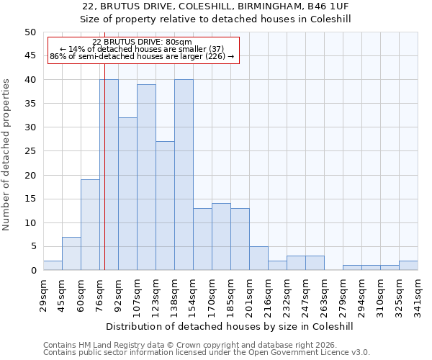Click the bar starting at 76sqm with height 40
pyautogui.click(x=109, y=175)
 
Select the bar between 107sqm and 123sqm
pyautogui.click(x=146, y=177)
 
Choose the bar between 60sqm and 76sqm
pyautogui.click(x=90, y=225)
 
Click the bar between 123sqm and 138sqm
pyautogui.click(x=165, y=206)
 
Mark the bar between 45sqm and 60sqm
pyautogui.click(x=71, y=253)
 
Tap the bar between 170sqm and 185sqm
pyautogui.click(x=221, y=237)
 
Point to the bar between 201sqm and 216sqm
pyautogui.click(x=258, y=258)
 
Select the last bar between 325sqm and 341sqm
pyautogui.click(x=408, y=266)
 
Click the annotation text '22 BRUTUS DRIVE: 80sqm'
pyautogui.click(x=142, y=42)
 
